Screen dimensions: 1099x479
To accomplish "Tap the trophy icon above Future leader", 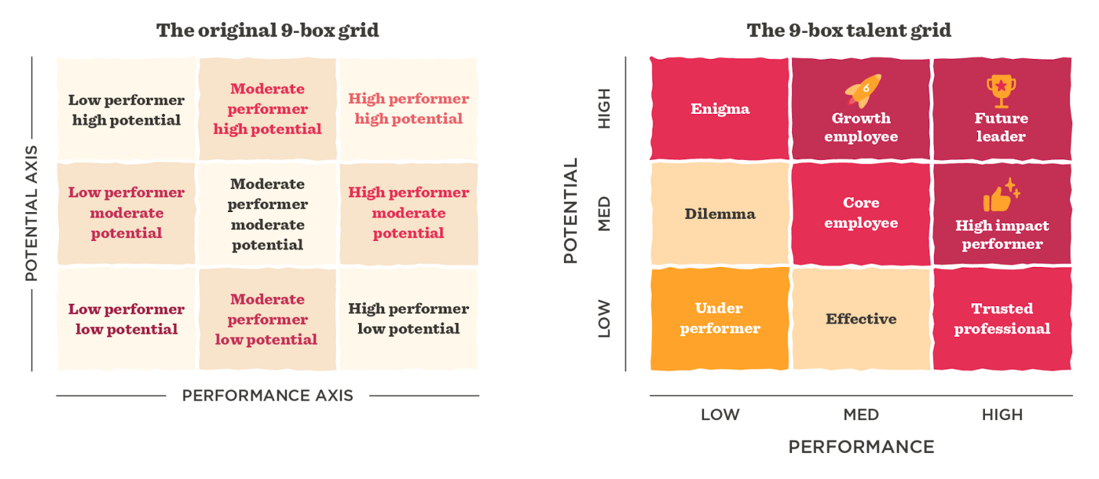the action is (x=1001, y=91).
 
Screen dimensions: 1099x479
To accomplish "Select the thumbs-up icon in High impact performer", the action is (x=1001, y=195).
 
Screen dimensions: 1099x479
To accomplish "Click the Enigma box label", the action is (x=720, y=108).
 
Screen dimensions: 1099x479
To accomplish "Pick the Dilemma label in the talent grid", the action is (x=720, y=213).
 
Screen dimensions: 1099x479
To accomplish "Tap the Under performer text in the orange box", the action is (x=720, y=318).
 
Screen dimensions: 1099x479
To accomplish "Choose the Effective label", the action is (x=861, y=318).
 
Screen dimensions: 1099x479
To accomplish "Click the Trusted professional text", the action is (x=1002, y=318).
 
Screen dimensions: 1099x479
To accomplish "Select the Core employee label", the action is (x=861, y=213).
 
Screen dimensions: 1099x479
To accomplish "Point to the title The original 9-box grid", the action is (x=267, y=30).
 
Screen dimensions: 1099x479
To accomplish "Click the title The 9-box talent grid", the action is (x=849, y=30).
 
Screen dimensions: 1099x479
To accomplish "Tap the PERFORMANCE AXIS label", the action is (x=267, y=395).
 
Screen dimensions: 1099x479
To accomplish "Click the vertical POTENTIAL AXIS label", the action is (x=32, y=213).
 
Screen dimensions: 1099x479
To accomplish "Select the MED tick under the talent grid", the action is (x=861, y=414).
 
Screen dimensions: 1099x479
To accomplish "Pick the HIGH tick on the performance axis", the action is (x=1002, y=414).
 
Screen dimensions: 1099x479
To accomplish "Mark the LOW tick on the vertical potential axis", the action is (x=604, y=318).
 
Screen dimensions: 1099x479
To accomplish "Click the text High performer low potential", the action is (x=409, y=318).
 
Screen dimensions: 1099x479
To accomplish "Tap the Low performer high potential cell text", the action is (x=126, y=110).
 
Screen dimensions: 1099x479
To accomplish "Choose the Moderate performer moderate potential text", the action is (x=267, y=213).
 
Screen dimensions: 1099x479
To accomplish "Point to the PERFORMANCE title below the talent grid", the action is (x=861, y=447).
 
